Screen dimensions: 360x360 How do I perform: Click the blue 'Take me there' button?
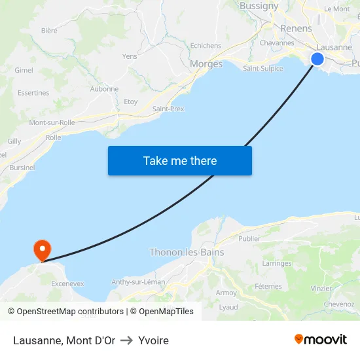pyautogui.click(x=180, y=160)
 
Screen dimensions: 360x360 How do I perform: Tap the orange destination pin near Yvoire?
pyautogui.click(x=42, y=249)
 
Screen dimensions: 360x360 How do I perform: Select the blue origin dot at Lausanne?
pyautogui.click(x=317, y=59)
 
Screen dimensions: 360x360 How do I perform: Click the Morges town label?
pyautogui.click(x=206, y=64)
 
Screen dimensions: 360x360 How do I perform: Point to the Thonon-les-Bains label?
pyautogui.click(x=187, y=252)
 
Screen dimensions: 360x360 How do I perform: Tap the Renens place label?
pyautogui.click(x=296, y=29)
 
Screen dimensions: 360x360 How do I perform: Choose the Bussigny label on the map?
pyautogui.click(x=259, y=6)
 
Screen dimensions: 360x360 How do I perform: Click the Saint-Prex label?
pyautogui.click(x=168, y=109)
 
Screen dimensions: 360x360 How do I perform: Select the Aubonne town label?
pyautogui.click(x=104, y=89)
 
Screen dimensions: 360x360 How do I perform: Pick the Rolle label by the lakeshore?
pyautogui.click(x=54, y=137)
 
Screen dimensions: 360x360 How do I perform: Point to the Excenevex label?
pyautogui.click(x=67, y=283)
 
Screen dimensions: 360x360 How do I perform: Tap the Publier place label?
pyautogui.click(x=249, y=239)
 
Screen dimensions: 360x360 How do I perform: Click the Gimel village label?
pyautogui.click(x=24, y=70)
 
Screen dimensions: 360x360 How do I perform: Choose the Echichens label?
pyautogui.click(x=206, y=46)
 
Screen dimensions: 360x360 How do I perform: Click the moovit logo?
pyautogui.click(x=320, y=340)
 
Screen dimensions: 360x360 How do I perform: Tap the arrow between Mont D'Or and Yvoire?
pyautogui.click(x=126, y=340)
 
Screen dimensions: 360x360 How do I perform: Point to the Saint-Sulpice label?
pyautogui.click(x=262, y=68)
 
